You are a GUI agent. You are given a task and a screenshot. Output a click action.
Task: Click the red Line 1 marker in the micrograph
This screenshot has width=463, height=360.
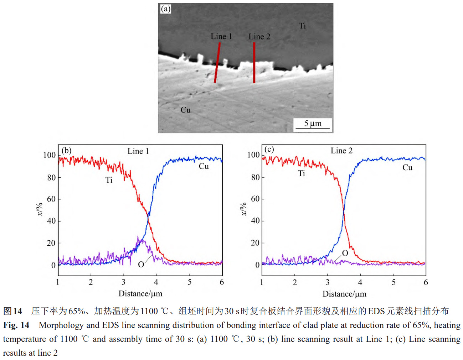click(217, 63)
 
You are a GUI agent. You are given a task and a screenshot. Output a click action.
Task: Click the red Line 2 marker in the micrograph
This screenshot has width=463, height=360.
click(254, 63)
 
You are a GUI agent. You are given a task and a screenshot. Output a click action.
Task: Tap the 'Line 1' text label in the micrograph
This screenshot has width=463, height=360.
click(221, 36)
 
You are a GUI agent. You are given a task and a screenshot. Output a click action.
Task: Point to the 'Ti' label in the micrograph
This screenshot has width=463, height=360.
click(302, 26)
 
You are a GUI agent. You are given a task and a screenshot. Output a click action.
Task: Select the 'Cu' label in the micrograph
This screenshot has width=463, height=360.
click(185, 110)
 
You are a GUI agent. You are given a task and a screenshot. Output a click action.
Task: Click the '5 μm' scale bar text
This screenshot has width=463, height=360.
click(313, 124)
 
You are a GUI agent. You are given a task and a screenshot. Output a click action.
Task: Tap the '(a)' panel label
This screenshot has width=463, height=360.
click(166, 9)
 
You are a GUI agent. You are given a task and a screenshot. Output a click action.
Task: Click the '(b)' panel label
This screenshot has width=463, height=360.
click(67, 150)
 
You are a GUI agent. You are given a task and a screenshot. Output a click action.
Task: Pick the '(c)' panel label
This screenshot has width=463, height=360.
click(269, 149)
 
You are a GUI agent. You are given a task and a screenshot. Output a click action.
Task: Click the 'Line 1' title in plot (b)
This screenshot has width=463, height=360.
click(138, 151)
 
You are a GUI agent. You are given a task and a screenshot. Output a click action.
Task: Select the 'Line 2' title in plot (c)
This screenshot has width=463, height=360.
click(341, 151)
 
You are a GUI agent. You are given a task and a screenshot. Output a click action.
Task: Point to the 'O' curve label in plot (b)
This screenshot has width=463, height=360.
click(141, 264)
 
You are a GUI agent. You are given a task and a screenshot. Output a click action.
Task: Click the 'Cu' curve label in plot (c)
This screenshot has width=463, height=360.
click(407, 167)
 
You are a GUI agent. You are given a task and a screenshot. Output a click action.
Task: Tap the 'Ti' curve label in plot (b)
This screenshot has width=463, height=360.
click(109, 180)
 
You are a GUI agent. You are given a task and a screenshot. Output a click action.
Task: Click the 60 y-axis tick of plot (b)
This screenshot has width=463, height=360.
click(51, 199)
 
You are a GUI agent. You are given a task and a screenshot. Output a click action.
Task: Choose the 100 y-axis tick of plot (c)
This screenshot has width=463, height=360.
click(253, 155)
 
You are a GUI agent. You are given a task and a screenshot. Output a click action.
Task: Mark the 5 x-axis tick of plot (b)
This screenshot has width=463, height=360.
click(190, 282)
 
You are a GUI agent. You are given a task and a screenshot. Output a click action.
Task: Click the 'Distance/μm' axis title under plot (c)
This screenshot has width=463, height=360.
click(344, 294)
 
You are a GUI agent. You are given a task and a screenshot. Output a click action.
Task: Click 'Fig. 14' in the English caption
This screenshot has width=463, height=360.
click(16, 325)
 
